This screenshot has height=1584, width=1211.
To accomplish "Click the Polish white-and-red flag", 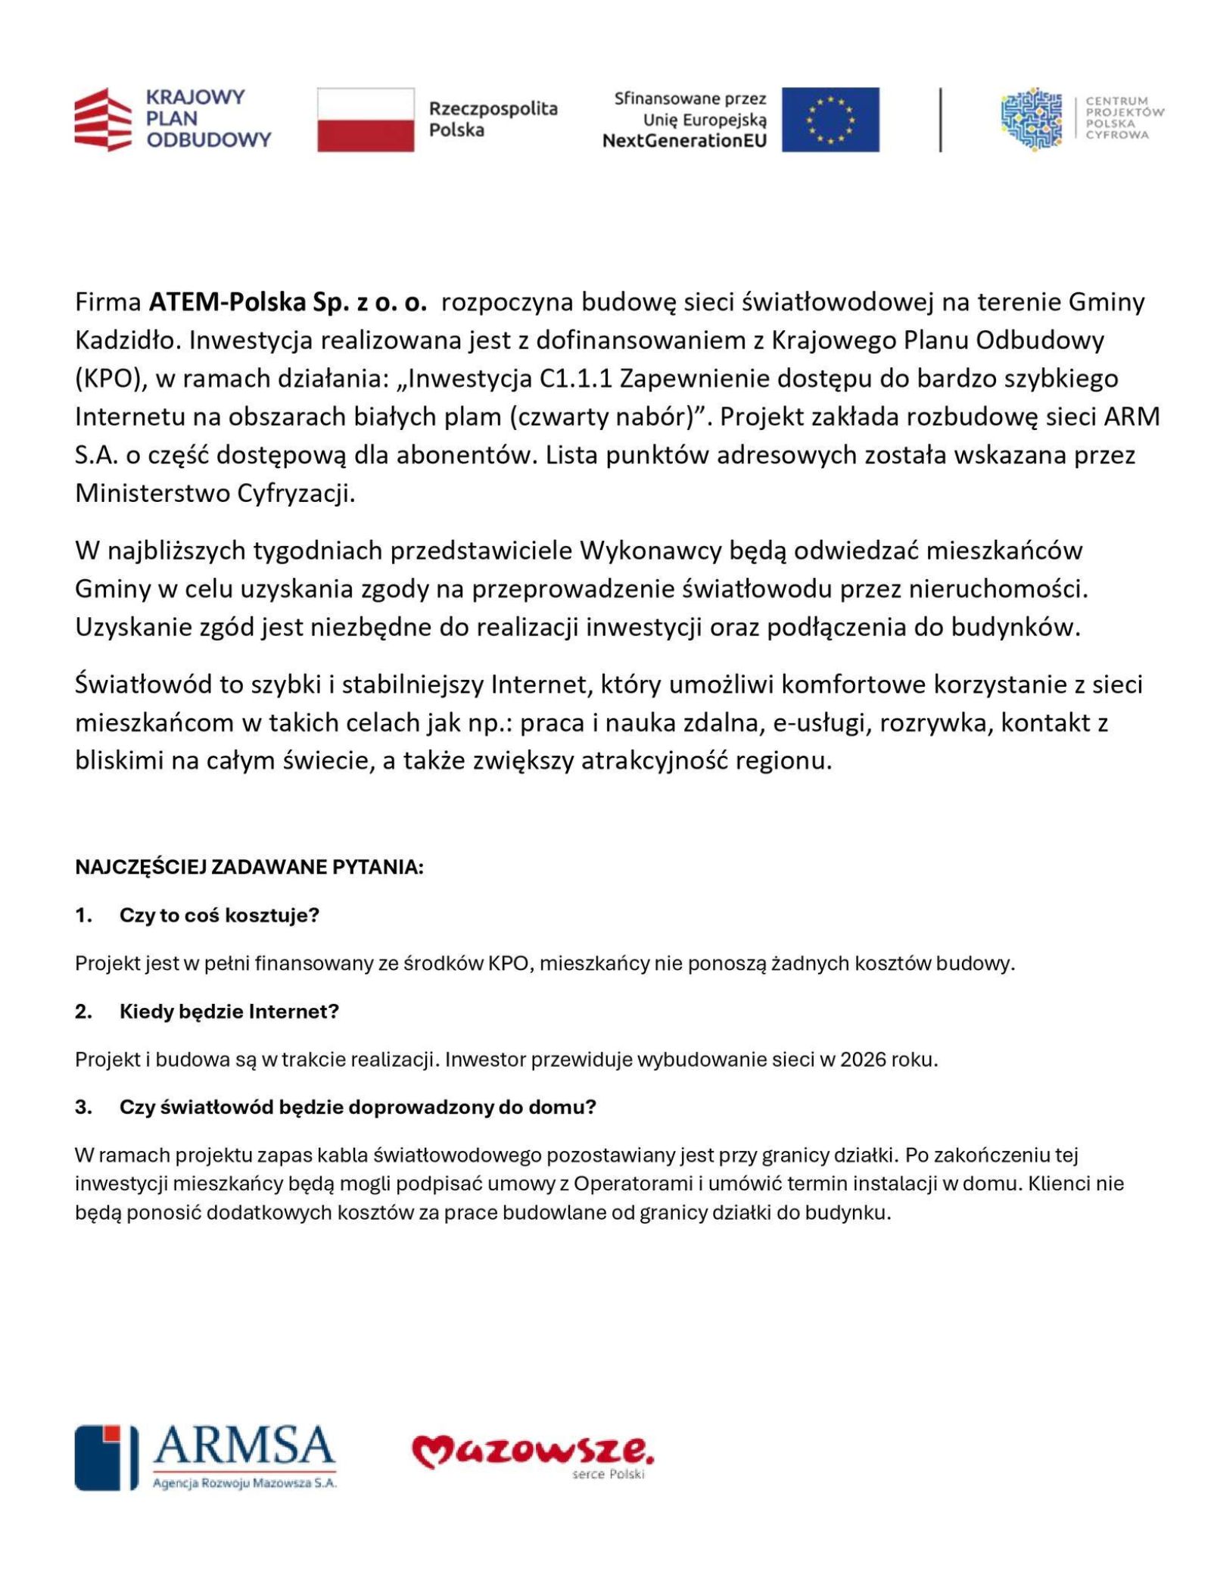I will pyautogui.click(x=365, y=119).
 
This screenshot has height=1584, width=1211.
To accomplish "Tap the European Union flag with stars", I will pyautogui.click(x=830, y=119).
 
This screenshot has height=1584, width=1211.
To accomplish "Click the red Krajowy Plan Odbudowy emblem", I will pyautogui.click(x=103, y=120).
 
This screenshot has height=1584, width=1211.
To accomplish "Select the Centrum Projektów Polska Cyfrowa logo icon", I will pyautogui.click(x=1031, y=119).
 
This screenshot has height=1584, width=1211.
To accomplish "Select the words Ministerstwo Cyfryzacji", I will pyautogui.click(x=215, y=493).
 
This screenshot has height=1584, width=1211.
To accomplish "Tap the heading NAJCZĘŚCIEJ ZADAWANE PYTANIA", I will pyautogui.click(x=249, y=867).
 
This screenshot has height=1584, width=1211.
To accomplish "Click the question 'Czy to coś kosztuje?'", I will pyautogui.click(x=219, y=915).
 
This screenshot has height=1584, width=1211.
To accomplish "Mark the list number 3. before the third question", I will pyautogui.click(x=83, y=1107).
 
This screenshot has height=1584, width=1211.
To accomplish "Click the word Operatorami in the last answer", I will pyautogui.click(x=632, y=1183).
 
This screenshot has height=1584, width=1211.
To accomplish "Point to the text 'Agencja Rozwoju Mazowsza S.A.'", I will pyautogui.click(x=244, y=1483).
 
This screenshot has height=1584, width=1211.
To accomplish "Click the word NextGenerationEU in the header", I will pyautogui.click(x=684, y=140).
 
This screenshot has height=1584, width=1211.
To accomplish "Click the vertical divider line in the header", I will pyautogui.click(x=940, y=119).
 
